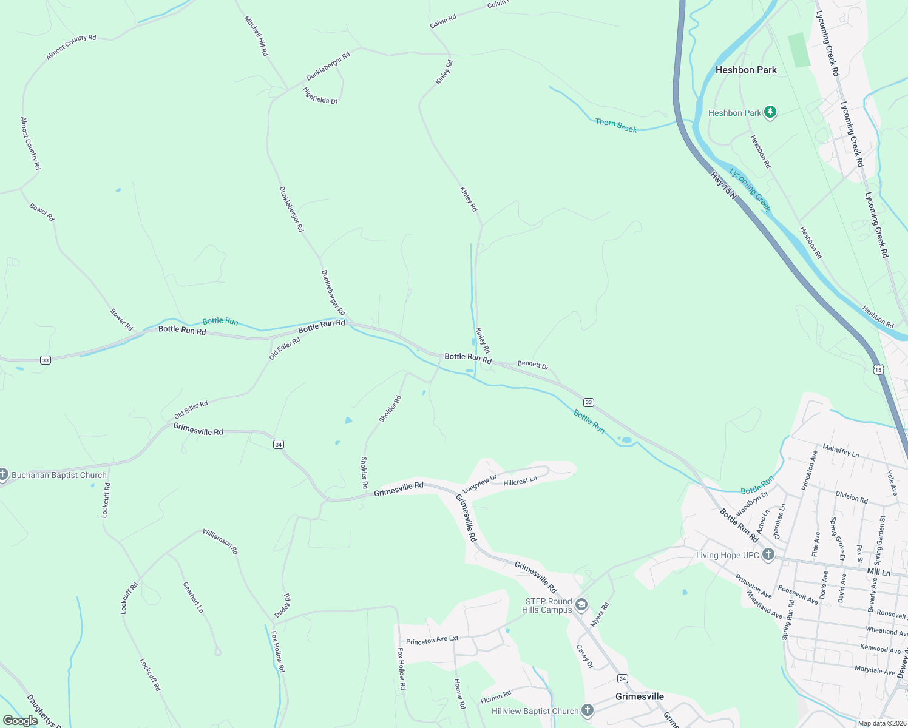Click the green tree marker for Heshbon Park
click(770, 112)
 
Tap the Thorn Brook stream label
click(616, 126)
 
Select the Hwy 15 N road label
click(723, 186)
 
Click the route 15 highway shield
click(878, 369)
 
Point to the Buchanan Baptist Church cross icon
click(3, 474)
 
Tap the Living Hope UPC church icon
click(768, 554)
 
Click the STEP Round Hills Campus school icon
click(581, 605)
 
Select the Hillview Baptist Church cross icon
click(587, 710)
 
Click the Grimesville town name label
click(640, 696)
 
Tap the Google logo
click(20, 721)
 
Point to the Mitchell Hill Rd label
click(256, 36)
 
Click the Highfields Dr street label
click(320, 96)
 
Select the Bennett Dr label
click(533, 365)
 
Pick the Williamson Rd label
click(220, 541)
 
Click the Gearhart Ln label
click(193, 597)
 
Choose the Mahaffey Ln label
click(841, 451)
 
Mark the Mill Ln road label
click(878, 572)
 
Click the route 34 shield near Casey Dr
click(622, 678)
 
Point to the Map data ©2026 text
click(882, 723)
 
